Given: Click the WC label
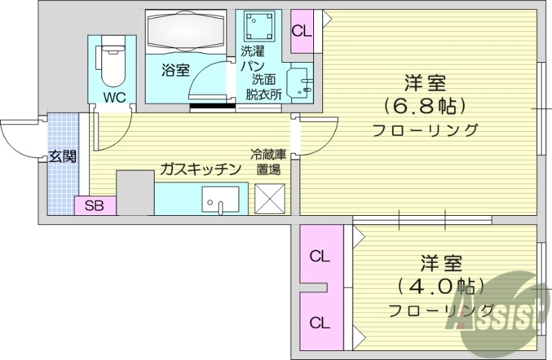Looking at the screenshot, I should coord(114,97).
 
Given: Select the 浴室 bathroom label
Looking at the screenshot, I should coord(175,70).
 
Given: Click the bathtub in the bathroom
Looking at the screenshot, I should coord(186,32).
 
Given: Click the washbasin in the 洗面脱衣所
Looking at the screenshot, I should coord(302,84).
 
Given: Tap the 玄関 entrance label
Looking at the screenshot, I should coord(62,156).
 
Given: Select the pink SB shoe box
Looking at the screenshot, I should coord(95,206).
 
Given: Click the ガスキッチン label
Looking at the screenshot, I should coord(200,169).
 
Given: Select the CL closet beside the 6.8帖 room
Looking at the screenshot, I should coord(301,31).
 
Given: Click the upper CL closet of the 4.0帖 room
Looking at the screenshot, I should coord(319,257).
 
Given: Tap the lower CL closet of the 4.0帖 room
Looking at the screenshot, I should coord(319,322).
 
